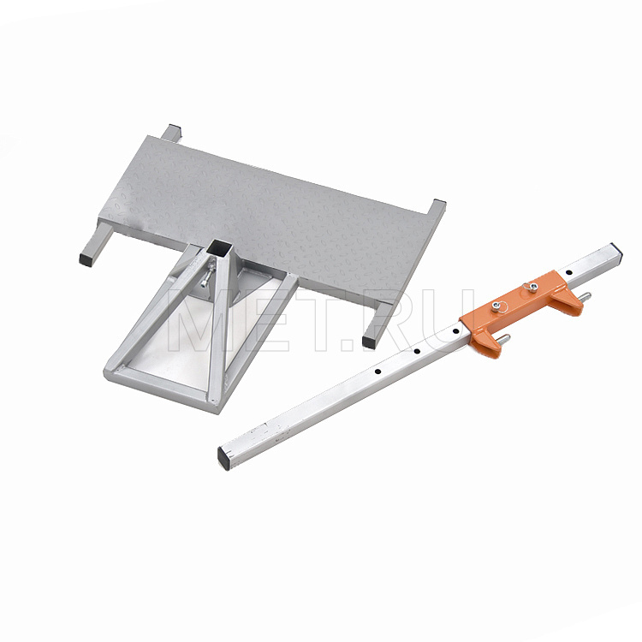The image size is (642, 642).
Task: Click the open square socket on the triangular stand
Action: [220, 247]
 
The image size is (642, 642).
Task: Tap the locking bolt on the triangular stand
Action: [208, 274]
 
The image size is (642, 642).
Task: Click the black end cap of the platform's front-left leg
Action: [86, 260]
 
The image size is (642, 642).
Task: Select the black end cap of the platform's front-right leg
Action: [369, 342]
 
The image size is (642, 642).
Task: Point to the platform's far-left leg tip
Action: [174, 128]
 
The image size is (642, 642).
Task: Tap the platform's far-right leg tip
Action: [439, 202]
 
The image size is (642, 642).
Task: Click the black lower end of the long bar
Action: [223, 458]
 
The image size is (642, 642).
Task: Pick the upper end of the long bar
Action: [616, 250]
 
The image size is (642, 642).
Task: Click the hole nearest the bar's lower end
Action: [377, 372]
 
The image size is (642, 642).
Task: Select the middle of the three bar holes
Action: [417, 351]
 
